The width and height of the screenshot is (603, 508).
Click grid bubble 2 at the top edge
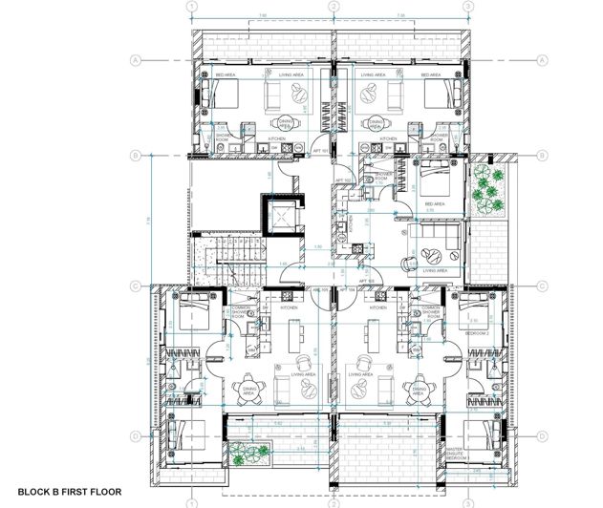point(334,7)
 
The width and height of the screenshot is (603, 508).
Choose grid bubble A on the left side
point(138,59)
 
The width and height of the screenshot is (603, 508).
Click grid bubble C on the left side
point(138,285)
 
